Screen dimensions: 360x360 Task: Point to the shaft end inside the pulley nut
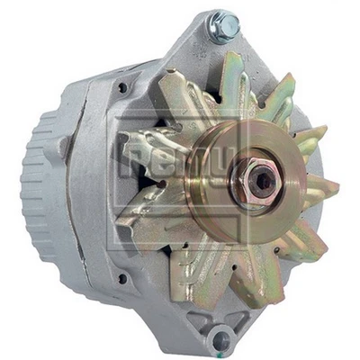tap(261, 179)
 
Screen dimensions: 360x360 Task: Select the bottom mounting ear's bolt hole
tap(219, 339)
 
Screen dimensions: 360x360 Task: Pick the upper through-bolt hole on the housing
tap(121, 88)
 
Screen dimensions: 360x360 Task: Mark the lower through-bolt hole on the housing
tap(121, 278)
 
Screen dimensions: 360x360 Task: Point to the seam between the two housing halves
tap(94, 180)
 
